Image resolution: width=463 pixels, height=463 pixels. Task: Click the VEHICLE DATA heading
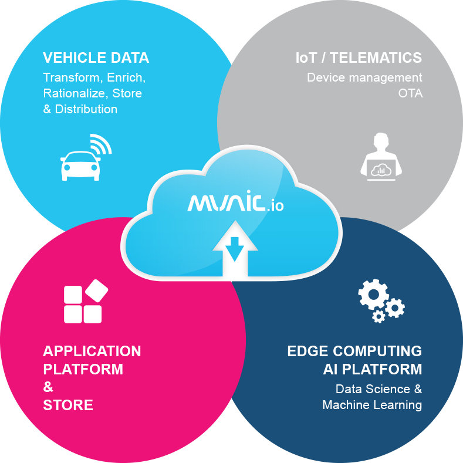[x=96, y=58]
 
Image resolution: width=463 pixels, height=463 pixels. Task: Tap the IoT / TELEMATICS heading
[x=359, y=58]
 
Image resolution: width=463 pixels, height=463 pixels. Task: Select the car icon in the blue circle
[x=80, y=165]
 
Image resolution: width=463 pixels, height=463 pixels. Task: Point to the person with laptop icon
[x=381, y=157]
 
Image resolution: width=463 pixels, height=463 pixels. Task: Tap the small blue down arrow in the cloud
[x=235, y=249]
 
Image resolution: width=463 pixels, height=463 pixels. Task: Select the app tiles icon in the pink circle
[x=86, y=301]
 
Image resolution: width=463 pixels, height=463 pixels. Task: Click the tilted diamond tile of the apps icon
[x=97, y=290]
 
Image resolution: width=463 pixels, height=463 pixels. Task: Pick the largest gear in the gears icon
[x=373, y=295]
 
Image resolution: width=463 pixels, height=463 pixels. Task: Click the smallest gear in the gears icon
[x=378, y=316]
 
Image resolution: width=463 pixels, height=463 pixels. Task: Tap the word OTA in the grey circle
[x=410, y=93]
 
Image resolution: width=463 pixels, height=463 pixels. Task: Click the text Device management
[x=364, y=77]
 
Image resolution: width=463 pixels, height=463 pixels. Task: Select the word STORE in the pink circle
[x=68, y=405]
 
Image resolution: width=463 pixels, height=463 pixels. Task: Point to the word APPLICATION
[x=92, y=351]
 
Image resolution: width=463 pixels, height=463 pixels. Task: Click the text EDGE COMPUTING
[x=354, y=351]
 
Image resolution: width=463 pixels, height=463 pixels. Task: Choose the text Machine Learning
[x=372, y=405]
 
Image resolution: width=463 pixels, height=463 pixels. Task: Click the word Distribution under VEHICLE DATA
[x=86, y=109]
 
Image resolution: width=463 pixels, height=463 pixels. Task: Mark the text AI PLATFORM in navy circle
[x=373, y=369]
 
